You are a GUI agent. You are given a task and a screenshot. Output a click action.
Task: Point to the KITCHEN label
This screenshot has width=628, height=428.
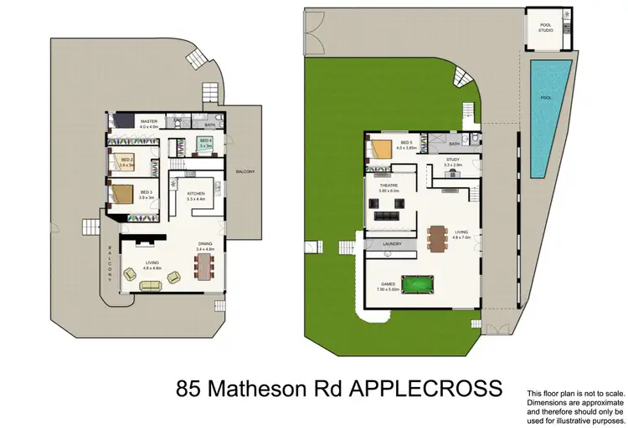196,195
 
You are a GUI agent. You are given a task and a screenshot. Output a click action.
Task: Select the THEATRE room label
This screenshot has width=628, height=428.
388,186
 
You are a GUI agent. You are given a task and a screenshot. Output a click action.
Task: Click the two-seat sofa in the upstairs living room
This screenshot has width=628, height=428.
152,287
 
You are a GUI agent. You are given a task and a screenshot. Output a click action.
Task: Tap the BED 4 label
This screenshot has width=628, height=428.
205,141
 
